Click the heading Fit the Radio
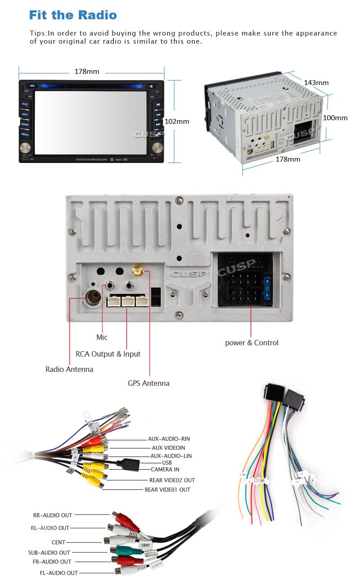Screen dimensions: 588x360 pyautogui.click(x=73, y=15)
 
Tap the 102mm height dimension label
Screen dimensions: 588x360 pyautogui.click(x=177, y=121)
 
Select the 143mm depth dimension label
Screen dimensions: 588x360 pyautogui.click(x=316, y=82)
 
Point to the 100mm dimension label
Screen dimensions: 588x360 pyautogui.click(x=335, y=118)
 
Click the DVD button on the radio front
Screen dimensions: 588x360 pyautogui.click(x=25, y=104)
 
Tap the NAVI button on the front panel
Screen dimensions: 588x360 pyautogui.click(x=25, y=114)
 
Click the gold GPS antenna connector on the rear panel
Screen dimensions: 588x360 pyautogui.click(x=136, y=271)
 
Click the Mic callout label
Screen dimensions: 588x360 pyautogui.click(x=102, y=337)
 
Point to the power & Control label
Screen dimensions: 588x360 pyautogui.click(x=252, y=343)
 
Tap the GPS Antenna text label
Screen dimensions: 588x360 pyautogui.click(x=148, y=383)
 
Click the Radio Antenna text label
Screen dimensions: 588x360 pyautogui.click(x=69, y=369)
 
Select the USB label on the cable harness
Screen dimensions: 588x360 pyautogui.click(x=167, y=462)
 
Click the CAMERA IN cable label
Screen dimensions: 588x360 pyautogui.click(x=165, y=469)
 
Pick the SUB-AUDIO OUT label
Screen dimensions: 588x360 pyautogui.click(x=49, y=552)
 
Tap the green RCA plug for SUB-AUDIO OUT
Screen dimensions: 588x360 pyautogui.click(x=122, y=550)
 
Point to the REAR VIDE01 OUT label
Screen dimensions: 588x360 pyautogui.click(x=167, y=489)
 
